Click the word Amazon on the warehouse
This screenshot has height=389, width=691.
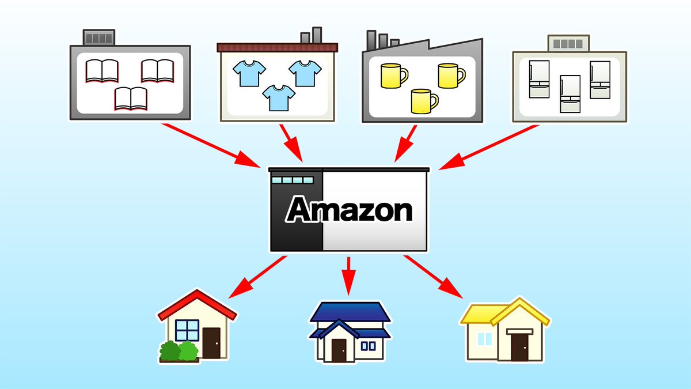(x=350, y=210)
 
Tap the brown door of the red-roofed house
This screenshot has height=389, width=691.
(x=211, y=343)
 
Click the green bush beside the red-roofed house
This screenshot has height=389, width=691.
(x=179, y=351)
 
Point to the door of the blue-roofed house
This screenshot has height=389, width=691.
(x=339, y=350)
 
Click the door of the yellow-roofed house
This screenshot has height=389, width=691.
(x=519, y=346)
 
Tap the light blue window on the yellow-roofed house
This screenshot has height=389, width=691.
(x=485, y=339)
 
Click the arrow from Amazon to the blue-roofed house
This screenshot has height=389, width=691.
(x=348, y=274)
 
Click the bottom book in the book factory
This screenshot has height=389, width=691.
(x=131, y=98)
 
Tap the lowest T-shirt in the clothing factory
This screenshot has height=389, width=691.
(x=278, y=97)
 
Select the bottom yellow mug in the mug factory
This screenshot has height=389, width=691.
(x=424, y=101)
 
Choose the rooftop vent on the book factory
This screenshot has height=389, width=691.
(x=99, y=38)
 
